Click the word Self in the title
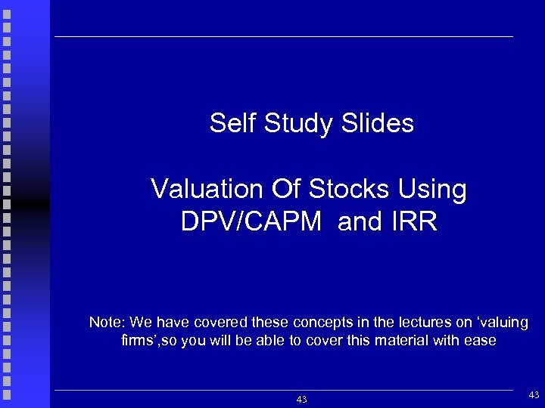[x=233, y=123]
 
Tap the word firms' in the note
[x=142, y=341]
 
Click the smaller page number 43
[x=301, y=399]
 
